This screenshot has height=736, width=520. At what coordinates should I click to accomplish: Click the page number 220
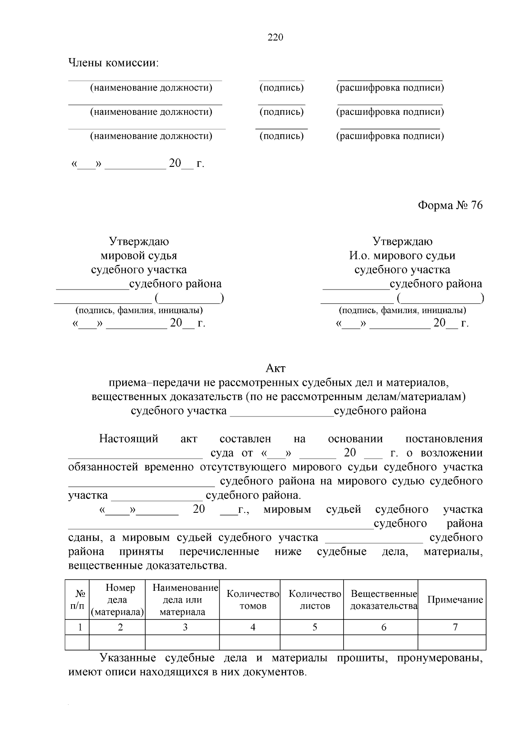click(275, 37)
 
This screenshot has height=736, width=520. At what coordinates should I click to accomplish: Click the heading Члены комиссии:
click(114, 63)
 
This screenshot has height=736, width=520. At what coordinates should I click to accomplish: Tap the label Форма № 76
click(450, 205)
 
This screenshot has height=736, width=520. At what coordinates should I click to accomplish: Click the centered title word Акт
click(275, 368)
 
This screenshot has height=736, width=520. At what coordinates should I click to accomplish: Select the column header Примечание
click(455, 600)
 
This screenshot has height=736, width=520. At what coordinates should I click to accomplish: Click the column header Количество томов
click(253, 600)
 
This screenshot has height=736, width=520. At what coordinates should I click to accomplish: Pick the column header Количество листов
click(315, 600)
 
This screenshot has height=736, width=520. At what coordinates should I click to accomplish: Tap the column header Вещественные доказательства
click(383, 600)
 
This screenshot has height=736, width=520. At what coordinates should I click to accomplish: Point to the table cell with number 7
click(455, 627)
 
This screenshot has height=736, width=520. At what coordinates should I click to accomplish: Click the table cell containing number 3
click(185, 627)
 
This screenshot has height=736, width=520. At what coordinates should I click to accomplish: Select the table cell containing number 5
click(315, 627)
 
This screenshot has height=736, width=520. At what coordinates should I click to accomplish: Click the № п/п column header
click(77, 600)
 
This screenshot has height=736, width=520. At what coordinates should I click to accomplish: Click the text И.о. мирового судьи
click(402, 256)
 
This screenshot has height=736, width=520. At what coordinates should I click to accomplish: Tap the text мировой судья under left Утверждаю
click(139, 256)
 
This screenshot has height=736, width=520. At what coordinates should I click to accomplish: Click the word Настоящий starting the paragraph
click(129, 439)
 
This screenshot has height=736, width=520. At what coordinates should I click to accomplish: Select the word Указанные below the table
click(127, 658)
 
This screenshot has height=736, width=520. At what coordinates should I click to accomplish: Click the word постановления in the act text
click(444, 439)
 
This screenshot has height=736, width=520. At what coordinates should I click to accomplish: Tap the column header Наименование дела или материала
click(185, 600)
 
